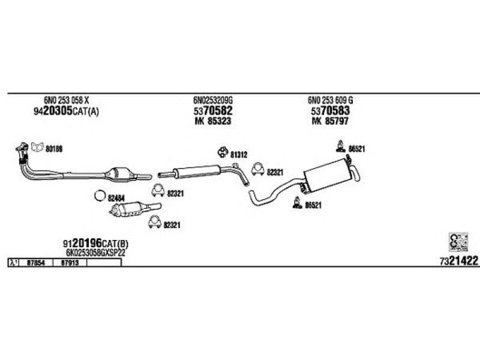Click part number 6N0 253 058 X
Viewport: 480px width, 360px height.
(66, 101)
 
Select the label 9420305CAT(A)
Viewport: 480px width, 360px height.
(65, 111)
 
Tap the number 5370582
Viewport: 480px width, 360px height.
(212, 111)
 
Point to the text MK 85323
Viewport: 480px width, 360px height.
(212, 121)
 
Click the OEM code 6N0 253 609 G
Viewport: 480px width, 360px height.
(330, 101)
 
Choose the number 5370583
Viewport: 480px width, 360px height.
(330, 111)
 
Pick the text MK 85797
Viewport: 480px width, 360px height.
(330, 121)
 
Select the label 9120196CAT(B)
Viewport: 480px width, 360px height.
(95, 244)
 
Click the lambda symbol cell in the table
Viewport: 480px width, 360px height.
(13, 262)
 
